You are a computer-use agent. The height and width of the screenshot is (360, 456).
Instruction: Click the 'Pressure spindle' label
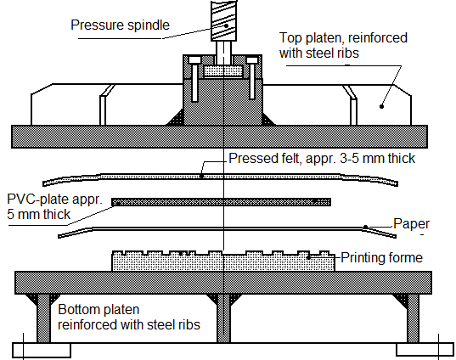click(x=120, y=25)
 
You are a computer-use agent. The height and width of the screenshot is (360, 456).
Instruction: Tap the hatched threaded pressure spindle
click(x=223, y=20)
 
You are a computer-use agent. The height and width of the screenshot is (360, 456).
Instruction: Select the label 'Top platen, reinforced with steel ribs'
click(x=343, y=45)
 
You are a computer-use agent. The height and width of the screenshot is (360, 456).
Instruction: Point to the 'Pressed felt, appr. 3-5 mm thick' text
click(x=322, y=158)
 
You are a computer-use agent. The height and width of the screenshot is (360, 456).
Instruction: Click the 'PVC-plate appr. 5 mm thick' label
click(x=54, y=207)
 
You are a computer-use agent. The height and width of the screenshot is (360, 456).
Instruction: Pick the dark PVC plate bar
click(x=222, y=202)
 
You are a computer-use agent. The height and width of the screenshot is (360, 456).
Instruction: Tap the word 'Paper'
click(x=411, y=224)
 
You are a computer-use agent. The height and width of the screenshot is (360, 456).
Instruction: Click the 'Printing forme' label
click(x=381, y=257)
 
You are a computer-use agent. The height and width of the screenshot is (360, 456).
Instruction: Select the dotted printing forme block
click(x=223, y=262)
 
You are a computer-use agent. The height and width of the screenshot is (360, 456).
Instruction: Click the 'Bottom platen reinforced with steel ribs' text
click(x=129, y=317)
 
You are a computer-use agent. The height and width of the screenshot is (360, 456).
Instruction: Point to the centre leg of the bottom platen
click(x=223, y=318)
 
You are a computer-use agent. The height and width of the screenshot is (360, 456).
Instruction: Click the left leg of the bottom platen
click(x=44, y=318)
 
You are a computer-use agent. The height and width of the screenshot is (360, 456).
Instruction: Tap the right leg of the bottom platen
click(x=413, y=318)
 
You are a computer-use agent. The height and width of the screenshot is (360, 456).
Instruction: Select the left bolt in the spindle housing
click(x=194, y=79)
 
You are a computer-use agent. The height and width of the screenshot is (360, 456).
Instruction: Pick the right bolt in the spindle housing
click(x=252, y=78)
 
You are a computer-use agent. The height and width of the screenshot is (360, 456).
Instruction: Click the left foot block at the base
click(x=42, y=350)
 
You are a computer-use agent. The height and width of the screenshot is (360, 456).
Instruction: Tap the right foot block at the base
click(x=425, y=350)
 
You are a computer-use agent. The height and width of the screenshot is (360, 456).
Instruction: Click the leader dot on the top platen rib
click(x=382, y=106)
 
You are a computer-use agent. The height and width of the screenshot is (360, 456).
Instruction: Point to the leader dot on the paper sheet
click(x=366, y=227)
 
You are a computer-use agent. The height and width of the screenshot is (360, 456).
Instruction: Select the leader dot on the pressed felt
click(x=202, y=177)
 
